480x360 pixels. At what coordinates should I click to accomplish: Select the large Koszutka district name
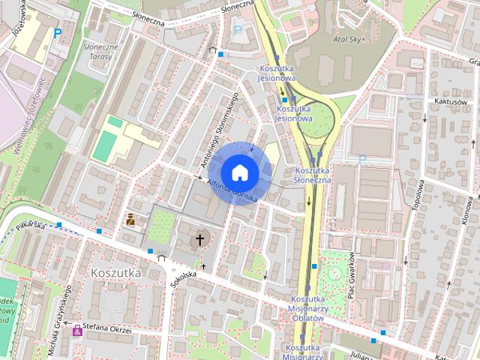coord(115,273)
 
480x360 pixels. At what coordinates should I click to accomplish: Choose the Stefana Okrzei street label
coord(106,328)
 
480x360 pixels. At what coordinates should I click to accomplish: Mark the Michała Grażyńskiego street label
coord(62,311)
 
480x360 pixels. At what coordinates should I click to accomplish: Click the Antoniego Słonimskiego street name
coord(218,130)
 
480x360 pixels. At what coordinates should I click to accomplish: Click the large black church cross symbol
coord(199,240)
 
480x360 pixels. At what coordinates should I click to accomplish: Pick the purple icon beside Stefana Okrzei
coord(76,328)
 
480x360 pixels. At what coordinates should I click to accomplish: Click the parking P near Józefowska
coord(57,33)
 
